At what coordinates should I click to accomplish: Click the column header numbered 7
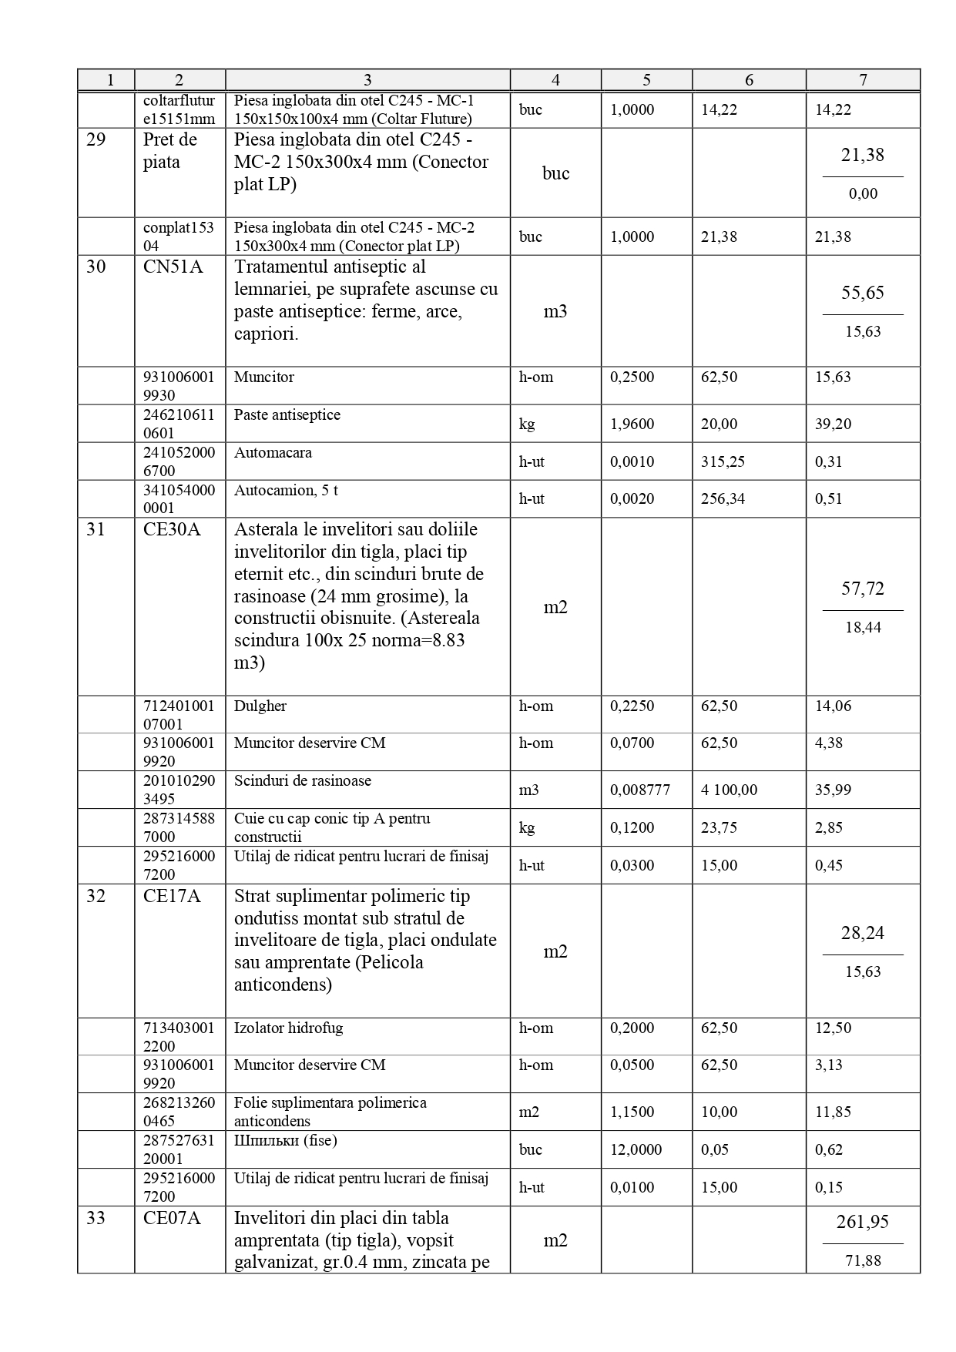pos(863,79)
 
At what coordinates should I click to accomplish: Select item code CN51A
pos(173,267)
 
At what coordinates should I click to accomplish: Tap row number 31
pos(96,530)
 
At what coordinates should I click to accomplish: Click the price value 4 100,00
pos(729,790)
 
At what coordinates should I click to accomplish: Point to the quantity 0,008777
pos(639,790)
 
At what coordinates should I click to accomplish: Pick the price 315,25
pos(719,461)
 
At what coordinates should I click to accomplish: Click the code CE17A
pos(172,897)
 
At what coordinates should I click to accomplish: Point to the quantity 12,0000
pos(636,1149)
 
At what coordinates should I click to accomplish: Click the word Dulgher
pos(260,706)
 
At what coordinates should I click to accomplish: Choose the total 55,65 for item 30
pos(862,293)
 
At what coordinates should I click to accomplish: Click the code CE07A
pos(172,1219)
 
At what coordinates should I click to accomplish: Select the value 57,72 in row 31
pos(862,589)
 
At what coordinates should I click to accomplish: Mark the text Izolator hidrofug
pos(288,1028)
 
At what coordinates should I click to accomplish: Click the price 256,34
pos(719,498)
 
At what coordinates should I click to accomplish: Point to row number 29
pos(96,140)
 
